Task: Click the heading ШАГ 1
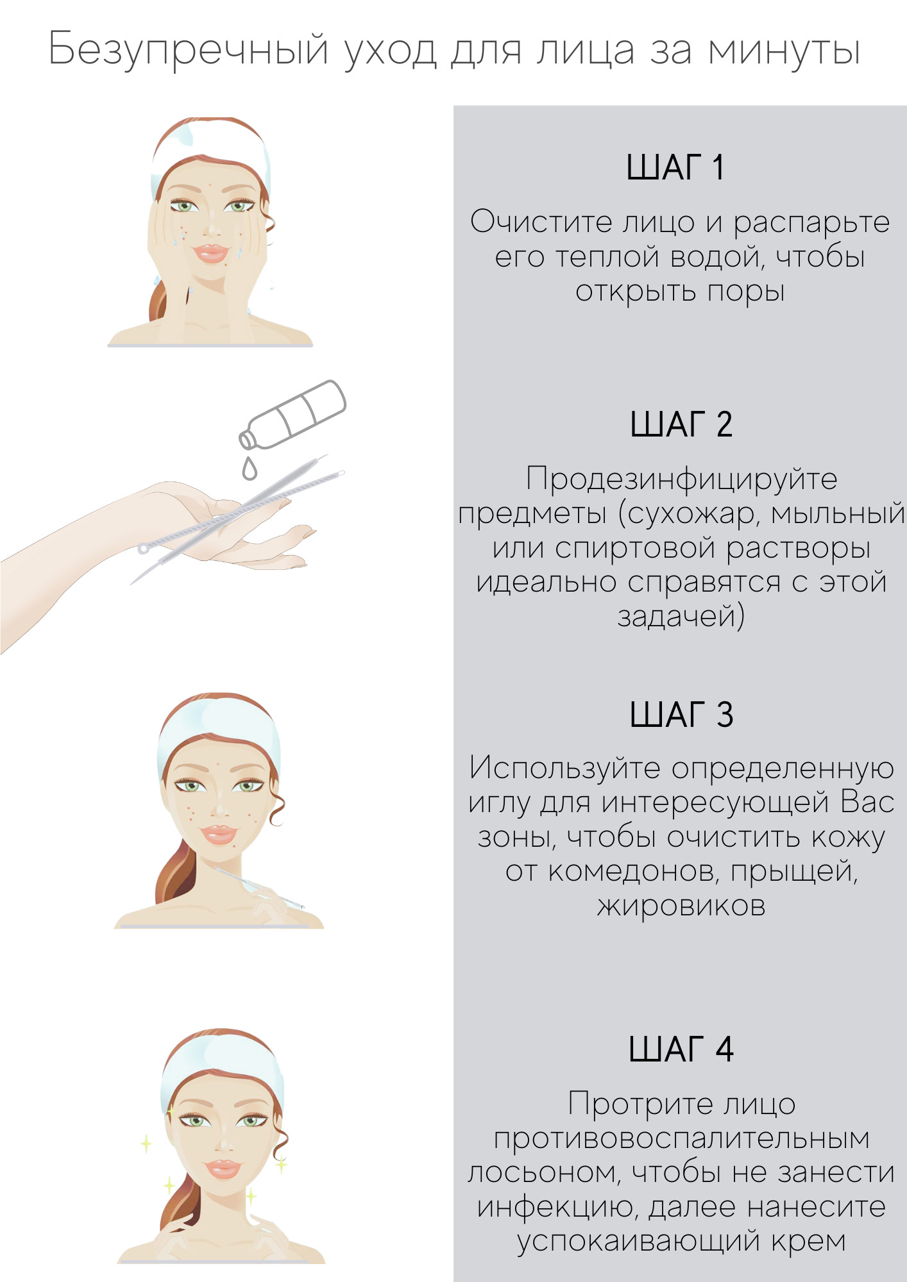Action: (x=675, y=167)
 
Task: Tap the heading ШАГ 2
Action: (x=681, y=424)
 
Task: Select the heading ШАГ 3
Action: (x=681, y=714)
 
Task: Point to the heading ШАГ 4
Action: (x=681, y=1049)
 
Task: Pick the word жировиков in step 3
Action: (x=681, y=906)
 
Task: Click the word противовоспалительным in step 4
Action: (x=681, y=1139)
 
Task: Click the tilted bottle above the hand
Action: (x=292, y=414)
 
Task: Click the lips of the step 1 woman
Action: (x=211, y=253)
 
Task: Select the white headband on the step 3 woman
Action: (x=218, y=728)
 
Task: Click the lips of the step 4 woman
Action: (x=222, y=1169)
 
